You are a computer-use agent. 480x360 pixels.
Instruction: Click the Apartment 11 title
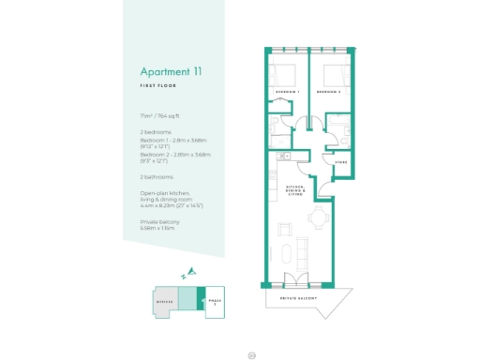[172, 71]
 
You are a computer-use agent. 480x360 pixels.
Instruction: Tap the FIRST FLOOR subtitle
[159, 85]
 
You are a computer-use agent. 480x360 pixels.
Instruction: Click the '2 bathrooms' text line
[156, 176]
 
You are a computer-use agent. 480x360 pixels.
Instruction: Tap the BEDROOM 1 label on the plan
[287, 92]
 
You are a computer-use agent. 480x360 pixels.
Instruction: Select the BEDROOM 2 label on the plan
[328, 92]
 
